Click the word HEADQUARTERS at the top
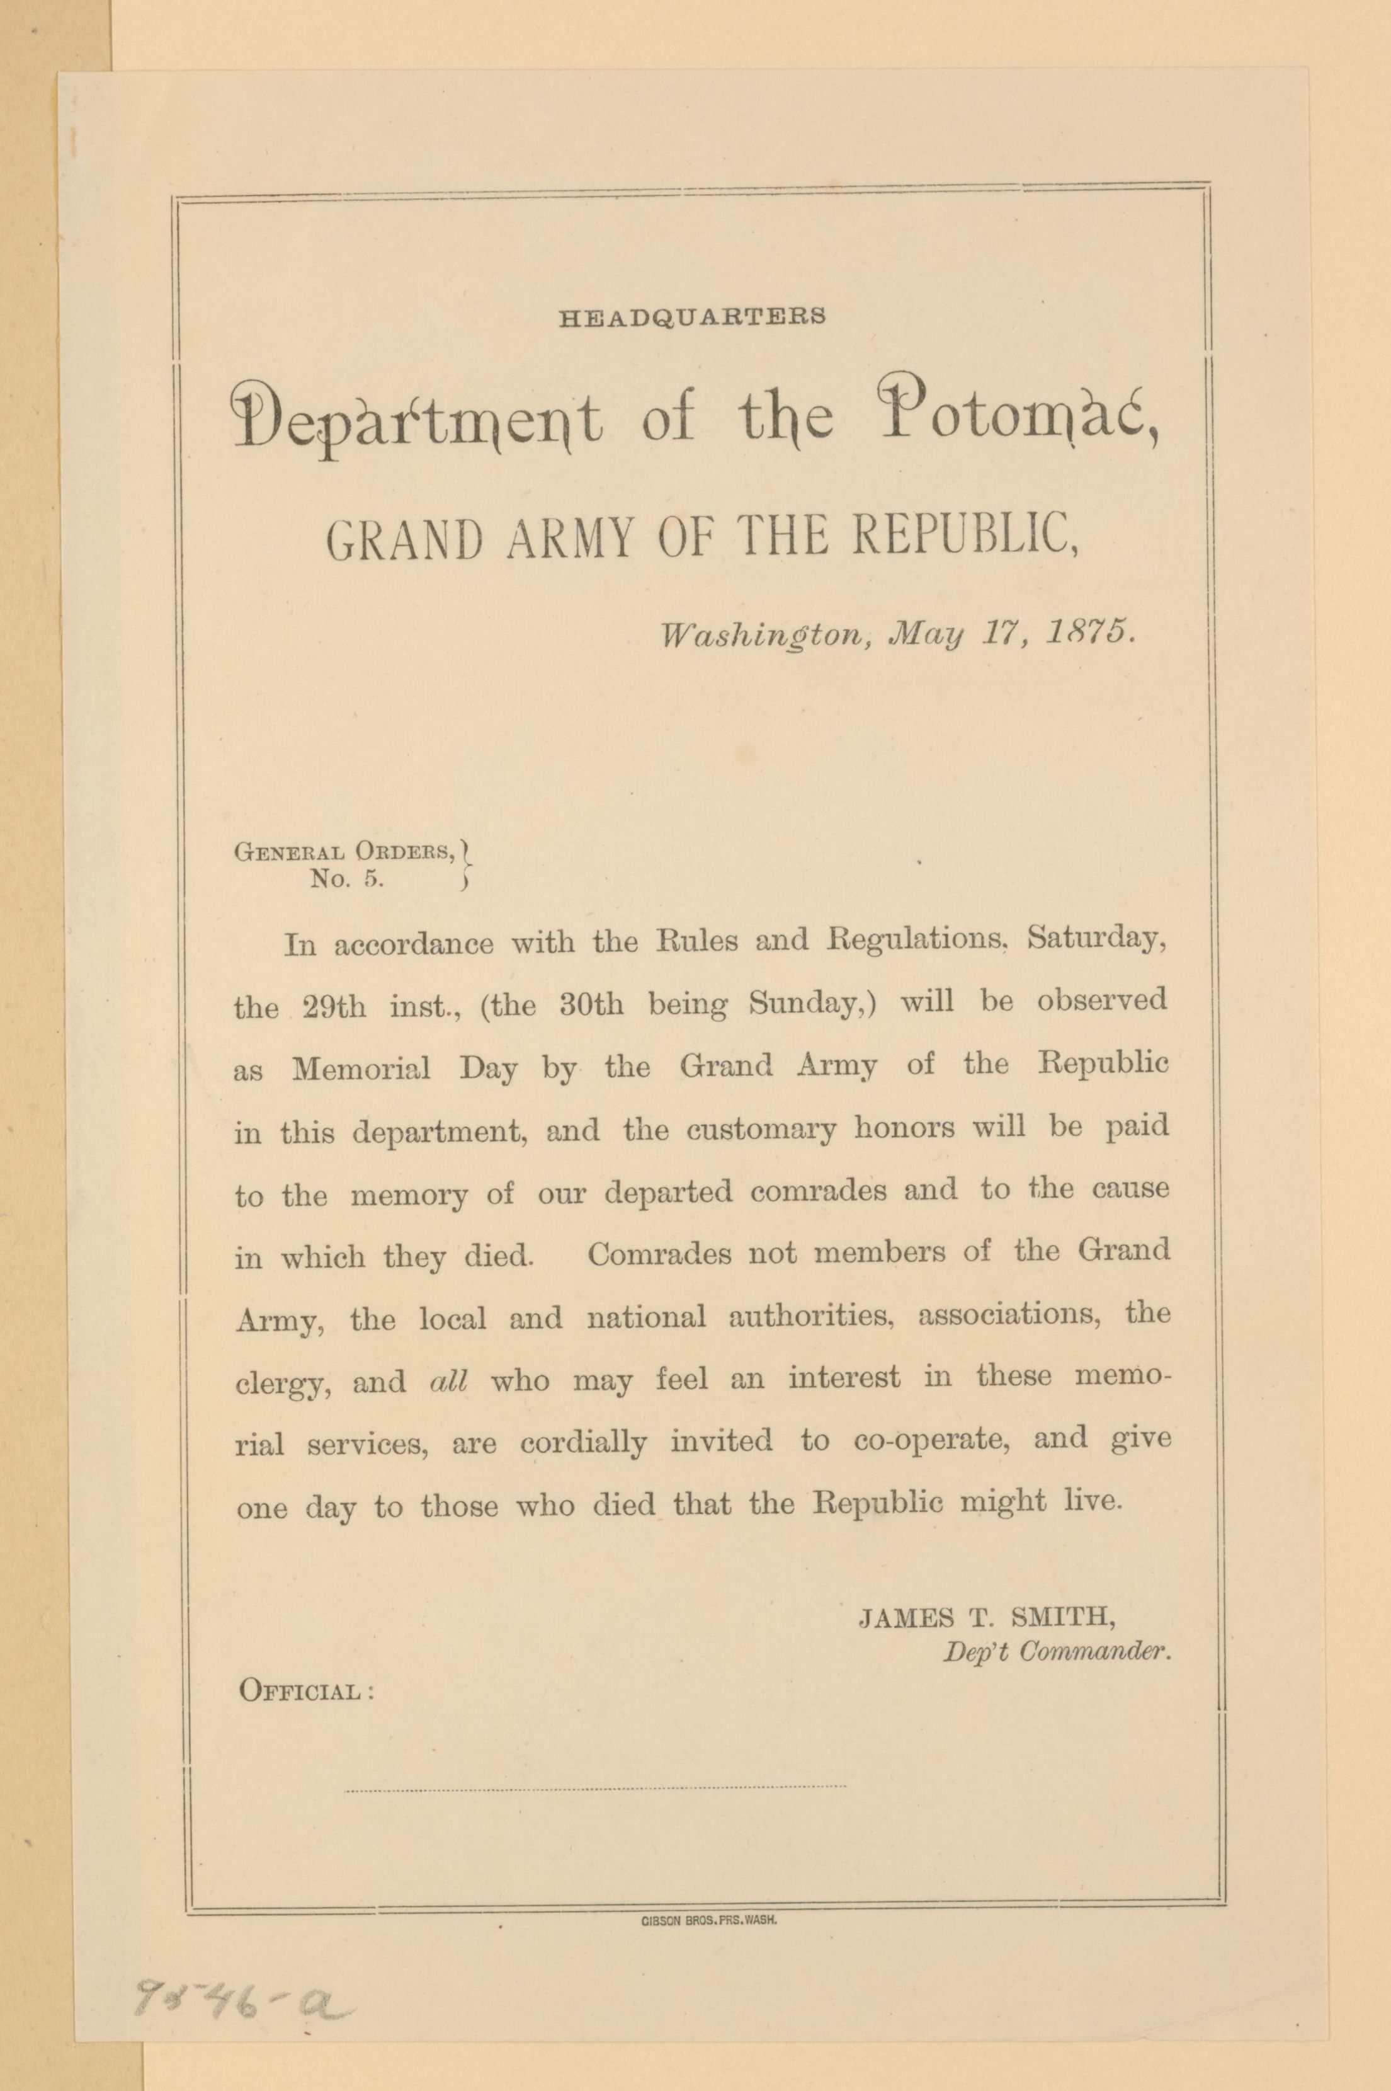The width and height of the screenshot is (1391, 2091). tap(692, 317)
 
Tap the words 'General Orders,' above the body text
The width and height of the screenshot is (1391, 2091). tap(345, 851)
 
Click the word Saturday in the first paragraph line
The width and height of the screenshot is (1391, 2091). tap(1096, 940)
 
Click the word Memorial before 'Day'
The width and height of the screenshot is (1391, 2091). tap(361, 1068)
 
